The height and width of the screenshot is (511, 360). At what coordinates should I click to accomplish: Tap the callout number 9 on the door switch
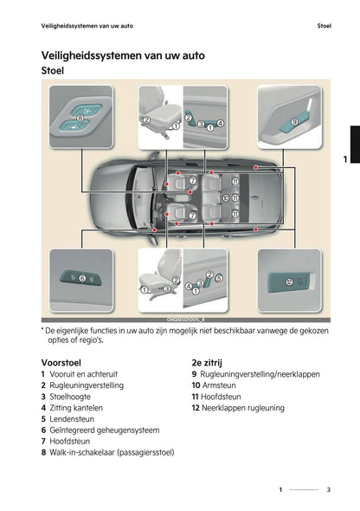point(294,123)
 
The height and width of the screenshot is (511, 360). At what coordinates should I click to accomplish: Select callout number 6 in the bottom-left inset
point(82,279)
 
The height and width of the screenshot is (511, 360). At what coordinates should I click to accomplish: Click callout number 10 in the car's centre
point(226,197)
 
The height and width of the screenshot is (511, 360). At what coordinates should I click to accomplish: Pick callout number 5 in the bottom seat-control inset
point(219,277)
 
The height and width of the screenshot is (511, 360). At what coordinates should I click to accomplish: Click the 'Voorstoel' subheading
point(61,361)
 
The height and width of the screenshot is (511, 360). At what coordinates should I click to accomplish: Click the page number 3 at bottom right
point(328,490)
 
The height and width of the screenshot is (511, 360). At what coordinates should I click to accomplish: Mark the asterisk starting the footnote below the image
point(42,329)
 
